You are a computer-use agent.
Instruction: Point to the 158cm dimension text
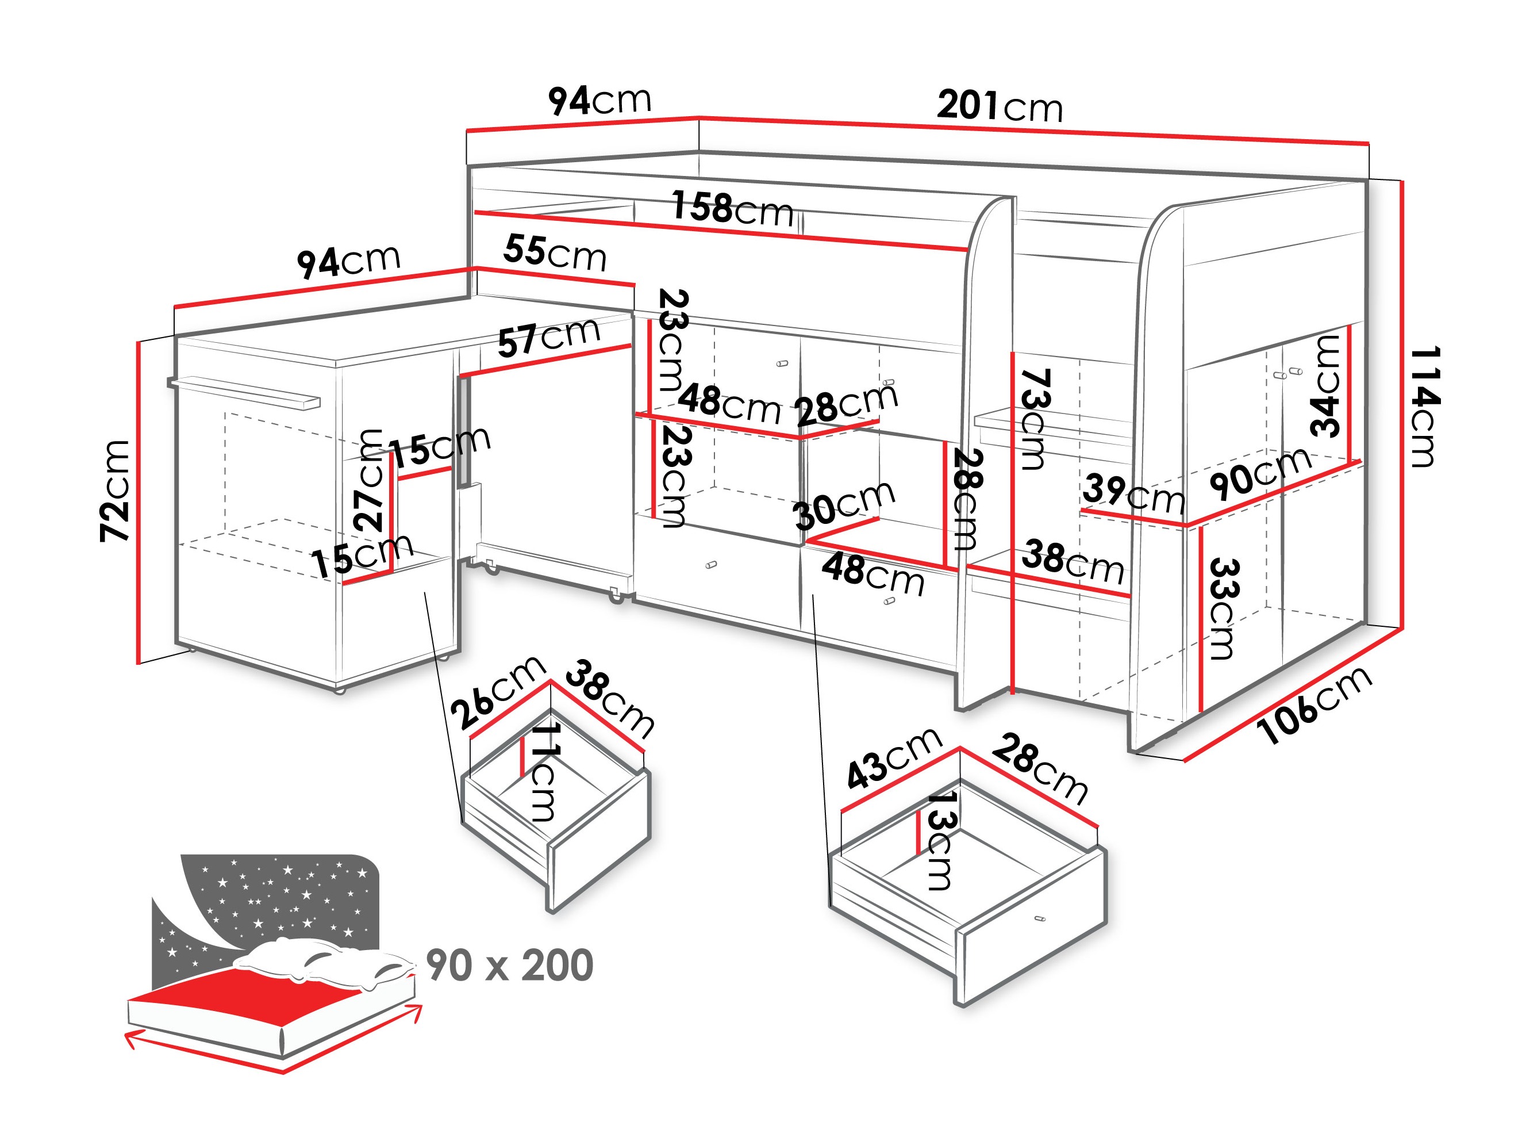733,208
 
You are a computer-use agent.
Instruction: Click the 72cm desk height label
115,490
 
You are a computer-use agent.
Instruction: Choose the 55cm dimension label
555,252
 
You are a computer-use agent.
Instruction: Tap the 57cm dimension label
548,338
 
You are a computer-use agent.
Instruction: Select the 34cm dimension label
1325,386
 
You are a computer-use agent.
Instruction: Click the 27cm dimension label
371,479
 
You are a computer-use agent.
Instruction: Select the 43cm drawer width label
893,759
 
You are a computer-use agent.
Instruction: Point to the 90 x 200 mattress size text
510,965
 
